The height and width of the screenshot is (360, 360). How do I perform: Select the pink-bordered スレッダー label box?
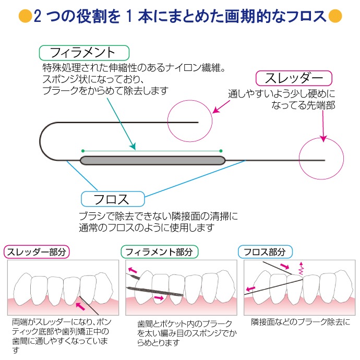point(294,79)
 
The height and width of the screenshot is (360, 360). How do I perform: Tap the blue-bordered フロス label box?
point(112,199)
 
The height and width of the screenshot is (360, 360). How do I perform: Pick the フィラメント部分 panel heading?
point(159,252)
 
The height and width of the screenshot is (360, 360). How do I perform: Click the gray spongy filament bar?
point(152,160)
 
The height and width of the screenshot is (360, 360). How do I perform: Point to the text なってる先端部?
point(303,105)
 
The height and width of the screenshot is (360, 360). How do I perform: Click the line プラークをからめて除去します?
point(105,91)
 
